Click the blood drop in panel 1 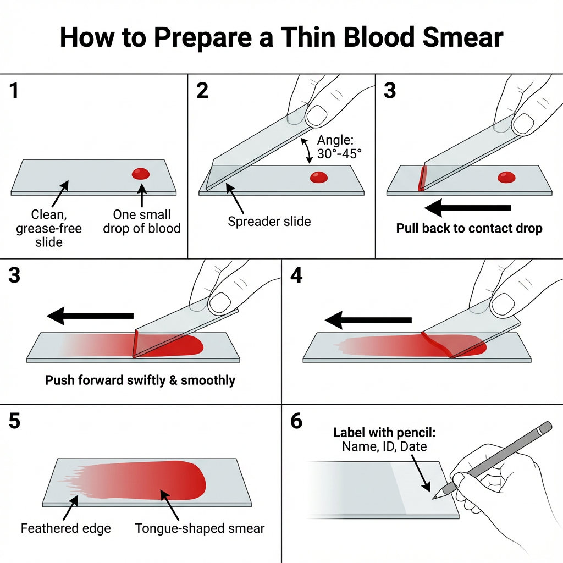141,174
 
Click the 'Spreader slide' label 269,222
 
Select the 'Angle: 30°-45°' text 339,147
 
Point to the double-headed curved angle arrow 306,150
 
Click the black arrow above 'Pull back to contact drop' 468,208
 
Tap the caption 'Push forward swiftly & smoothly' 140,380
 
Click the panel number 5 15,421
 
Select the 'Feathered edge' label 65,528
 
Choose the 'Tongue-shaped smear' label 200,528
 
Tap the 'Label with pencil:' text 384,433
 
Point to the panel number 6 296,421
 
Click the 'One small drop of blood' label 142,221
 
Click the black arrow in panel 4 368,319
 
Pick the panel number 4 296,275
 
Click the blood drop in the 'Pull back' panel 506,177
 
